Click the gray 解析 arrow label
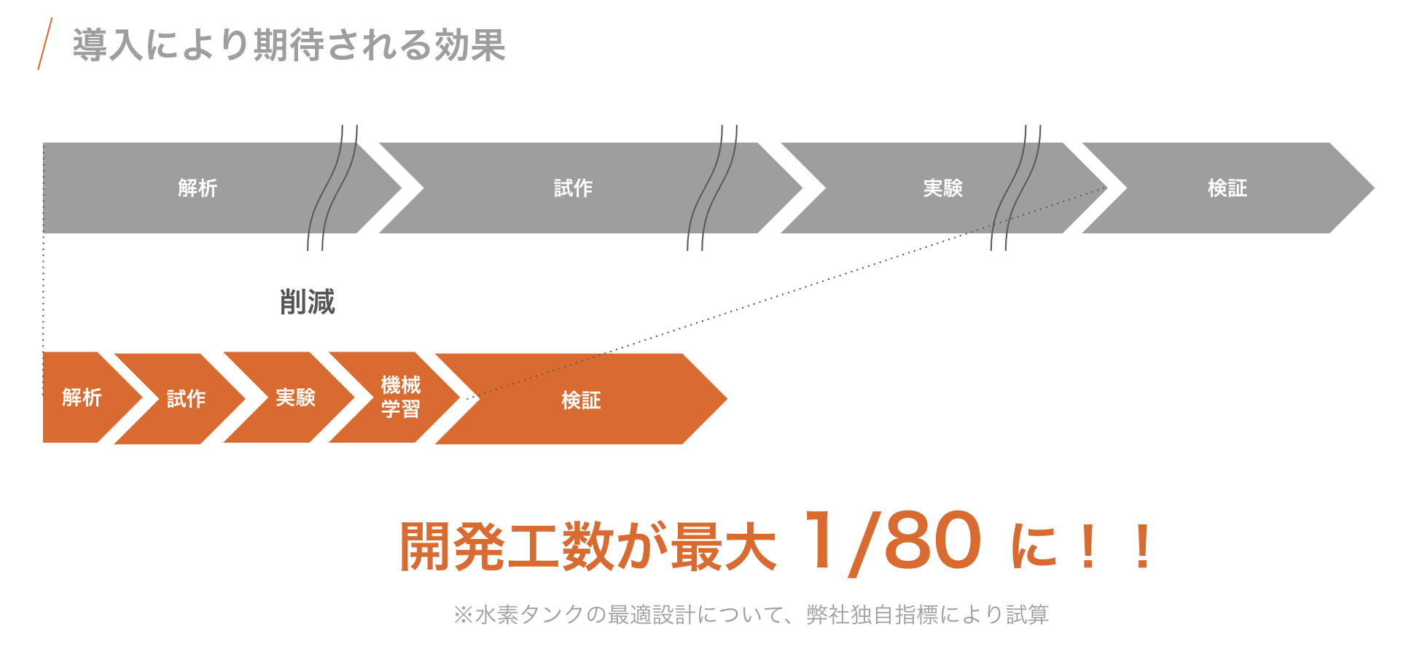tap(198, 188)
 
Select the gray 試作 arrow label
tap(573, 188)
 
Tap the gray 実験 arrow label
tap(942, 188)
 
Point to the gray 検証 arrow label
tap(1227, 188)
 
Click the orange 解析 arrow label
tap(82, 397)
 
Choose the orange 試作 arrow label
tap(186, 399)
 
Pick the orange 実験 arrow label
tap(295, 397)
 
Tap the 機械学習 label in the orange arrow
tap(400, 397)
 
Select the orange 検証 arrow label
tap(581, 400)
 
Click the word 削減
tap(307, 302)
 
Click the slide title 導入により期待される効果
tap(289, 45)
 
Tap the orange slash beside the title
tap(45, 44)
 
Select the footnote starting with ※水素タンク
tap(751, 615)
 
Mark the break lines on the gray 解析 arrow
tap(332, 188)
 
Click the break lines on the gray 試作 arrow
tap(712, 188)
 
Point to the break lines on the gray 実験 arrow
tap(1015, 188)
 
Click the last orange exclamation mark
tap(1142, 547)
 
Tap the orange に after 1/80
tap(1034, 547)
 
